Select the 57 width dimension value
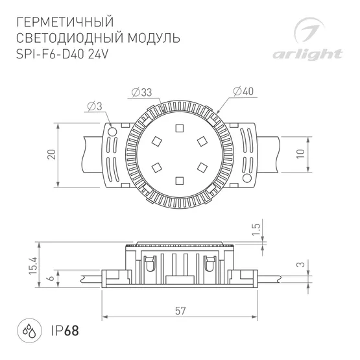pyautogui.click(x=180, y=311)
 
